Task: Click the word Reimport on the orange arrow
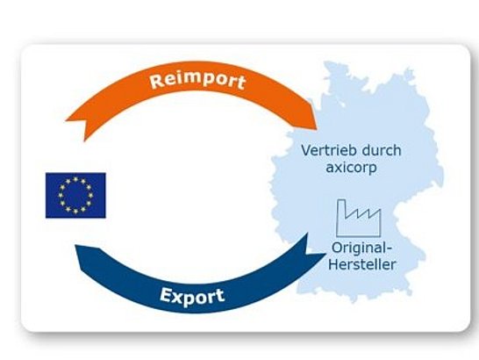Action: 198,81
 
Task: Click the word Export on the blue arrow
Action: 192,297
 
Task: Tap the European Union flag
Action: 75,196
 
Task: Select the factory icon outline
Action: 359,218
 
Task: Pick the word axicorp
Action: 351,168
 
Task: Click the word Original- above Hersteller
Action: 361,248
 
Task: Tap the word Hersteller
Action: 362,264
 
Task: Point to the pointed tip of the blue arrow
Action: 325,254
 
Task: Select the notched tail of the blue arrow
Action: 80,257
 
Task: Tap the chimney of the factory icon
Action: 341,209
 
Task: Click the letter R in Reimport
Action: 157,81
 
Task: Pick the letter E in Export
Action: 166,295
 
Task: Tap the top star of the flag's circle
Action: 75,179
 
